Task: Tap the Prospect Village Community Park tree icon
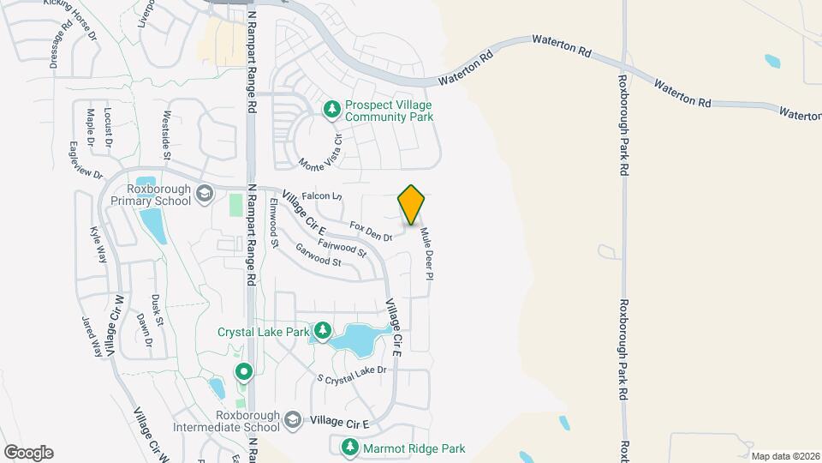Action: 332,109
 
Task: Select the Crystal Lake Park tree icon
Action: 323,330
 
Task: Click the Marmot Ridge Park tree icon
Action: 349,447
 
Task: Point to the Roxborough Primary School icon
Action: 205,194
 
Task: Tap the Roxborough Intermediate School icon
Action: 293,419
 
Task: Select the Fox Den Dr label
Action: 371,230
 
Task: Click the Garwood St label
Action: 319,255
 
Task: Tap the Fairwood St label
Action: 342,248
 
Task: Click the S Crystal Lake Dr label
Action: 353,374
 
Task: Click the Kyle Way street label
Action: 99,244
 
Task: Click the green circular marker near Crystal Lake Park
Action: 243,371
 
